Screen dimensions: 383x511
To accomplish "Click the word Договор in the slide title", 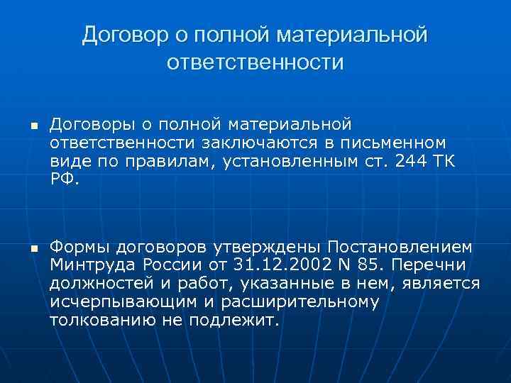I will point(121,35).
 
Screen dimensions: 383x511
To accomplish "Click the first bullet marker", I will point(33,126).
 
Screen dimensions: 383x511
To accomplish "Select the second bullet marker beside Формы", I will point(33,248).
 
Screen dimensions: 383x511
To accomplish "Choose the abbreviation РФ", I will point(62,179).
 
